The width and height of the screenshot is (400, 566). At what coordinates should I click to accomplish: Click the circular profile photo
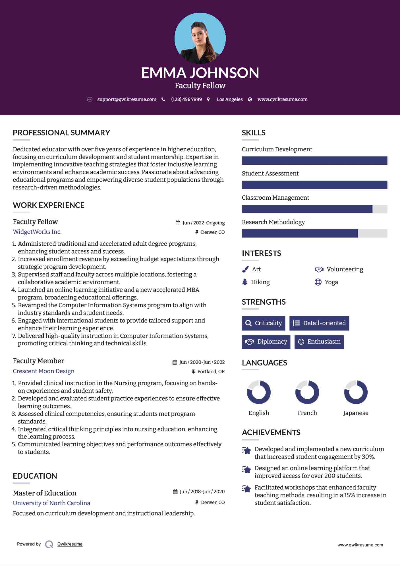200,38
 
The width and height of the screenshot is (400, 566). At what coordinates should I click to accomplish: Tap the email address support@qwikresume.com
127,99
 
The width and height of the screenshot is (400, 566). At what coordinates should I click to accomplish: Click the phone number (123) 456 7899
186,99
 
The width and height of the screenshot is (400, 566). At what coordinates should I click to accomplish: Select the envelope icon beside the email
90,99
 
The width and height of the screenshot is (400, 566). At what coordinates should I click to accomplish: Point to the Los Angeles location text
229,99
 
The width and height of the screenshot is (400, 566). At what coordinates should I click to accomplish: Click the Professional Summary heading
61,133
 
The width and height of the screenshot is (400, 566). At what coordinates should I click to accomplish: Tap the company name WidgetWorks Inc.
37,232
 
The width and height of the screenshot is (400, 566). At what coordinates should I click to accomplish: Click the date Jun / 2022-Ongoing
203,223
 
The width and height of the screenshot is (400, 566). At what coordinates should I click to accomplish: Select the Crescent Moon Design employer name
43,371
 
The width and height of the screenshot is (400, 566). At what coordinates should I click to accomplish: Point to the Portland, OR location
211,371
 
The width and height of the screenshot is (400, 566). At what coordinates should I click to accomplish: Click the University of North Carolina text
51,503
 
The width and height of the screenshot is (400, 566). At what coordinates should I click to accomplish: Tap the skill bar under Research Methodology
314,233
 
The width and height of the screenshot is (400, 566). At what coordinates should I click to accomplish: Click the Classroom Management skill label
275,198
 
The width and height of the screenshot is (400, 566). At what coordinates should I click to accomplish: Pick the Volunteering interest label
345,269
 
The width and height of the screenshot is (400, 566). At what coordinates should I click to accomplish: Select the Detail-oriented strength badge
319,323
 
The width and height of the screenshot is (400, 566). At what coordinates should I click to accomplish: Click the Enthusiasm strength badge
319,342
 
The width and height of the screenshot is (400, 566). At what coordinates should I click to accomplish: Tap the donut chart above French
307,392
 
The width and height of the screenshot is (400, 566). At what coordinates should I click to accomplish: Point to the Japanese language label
355,413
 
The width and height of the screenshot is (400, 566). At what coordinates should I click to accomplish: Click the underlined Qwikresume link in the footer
70,544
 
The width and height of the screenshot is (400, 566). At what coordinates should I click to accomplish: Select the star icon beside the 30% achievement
246,451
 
